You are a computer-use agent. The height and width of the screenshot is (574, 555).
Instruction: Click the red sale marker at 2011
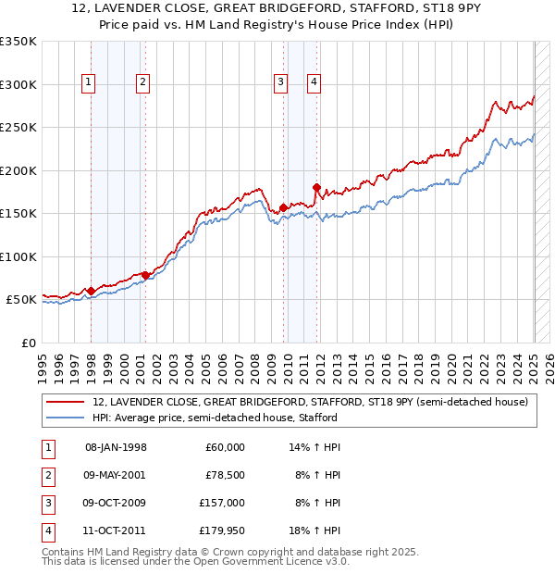point(316,188)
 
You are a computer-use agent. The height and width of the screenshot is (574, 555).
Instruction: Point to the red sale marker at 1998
point(92,291)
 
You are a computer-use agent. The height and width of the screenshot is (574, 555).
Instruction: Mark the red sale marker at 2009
point(283,207)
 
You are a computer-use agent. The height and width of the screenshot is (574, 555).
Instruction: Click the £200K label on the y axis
point(18,170)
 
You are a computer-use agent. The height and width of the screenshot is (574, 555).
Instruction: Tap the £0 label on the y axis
point(27,343)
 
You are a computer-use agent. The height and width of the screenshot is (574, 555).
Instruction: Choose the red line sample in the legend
point(66,402)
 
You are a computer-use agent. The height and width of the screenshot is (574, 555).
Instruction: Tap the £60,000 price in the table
point(225,447)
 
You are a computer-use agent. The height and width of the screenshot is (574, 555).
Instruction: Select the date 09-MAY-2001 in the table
point(116,475)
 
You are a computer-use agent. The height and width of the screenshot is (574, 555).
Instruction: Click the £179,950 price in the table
point(222,530)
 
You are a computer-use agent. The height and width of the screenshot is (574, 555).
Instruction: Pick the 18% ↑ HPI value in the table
point(315,530)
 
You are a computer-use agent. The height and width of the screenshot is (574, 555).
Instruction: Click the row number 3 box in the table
point(46,503)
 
